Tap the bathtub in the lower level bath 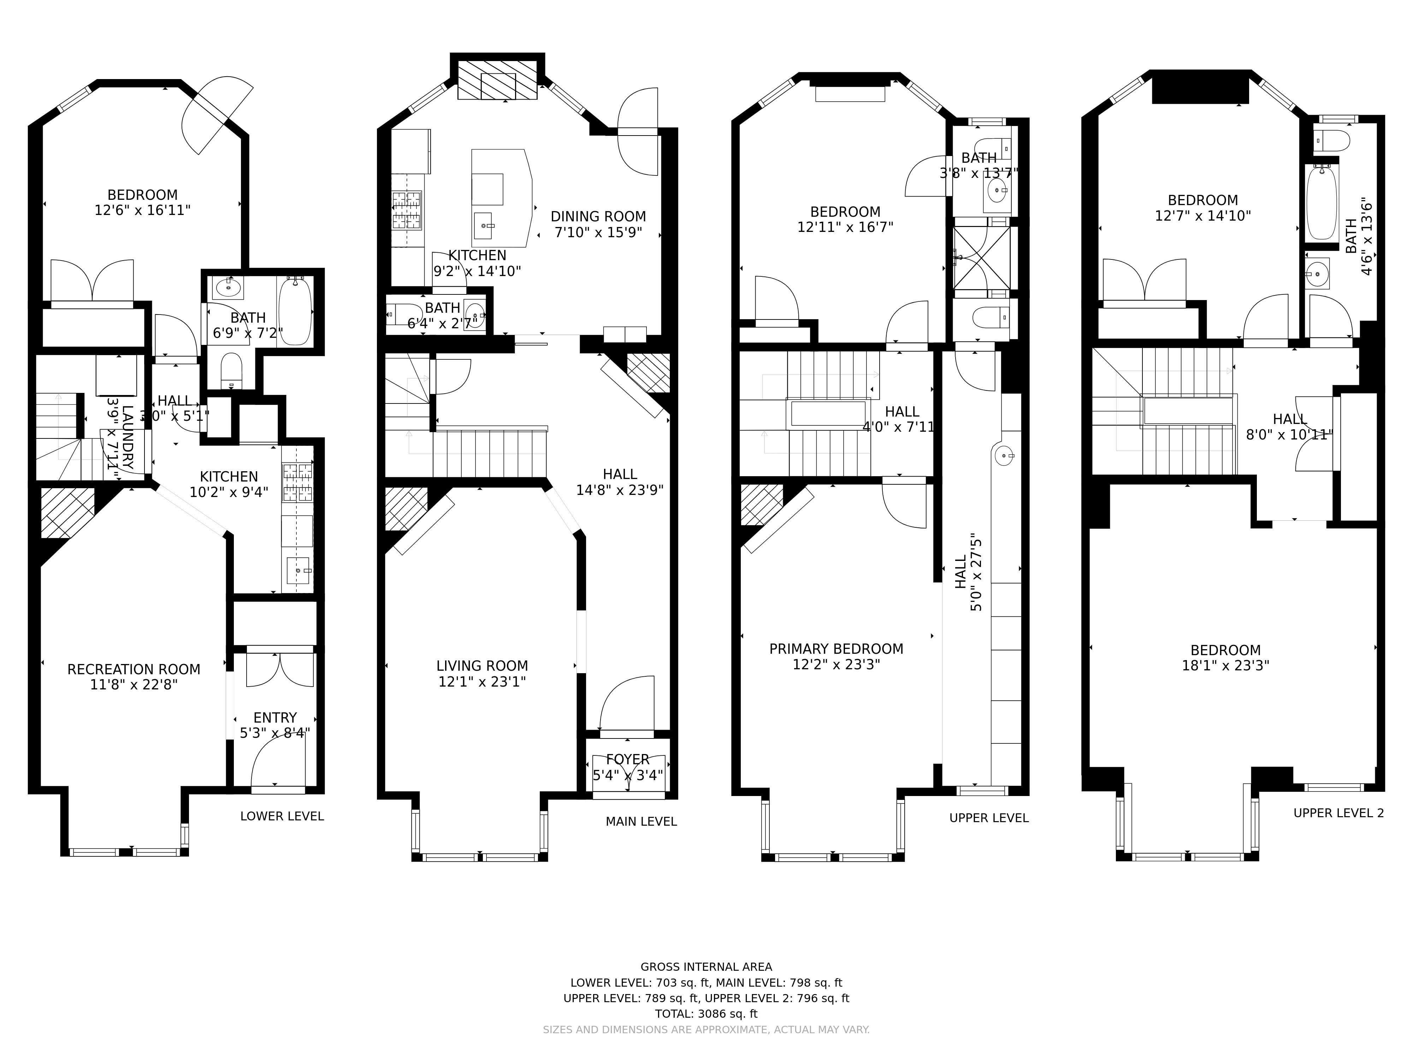(x=295, y=311)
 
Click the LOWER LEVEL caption (x=282, y=816)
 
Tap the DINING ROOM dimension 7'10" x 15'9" (x=598, y=232)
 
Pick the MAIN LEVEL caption (x=641, y=821)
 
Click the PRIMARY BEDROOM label (x=836, y=648)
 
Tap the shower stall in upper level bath (x=982, y=258)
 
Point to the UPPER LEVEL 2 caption (x=1338, y=813)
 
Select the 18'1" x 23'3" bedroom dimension (x=1225, y=665)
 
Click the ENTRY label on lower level (x=275, y=718)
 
